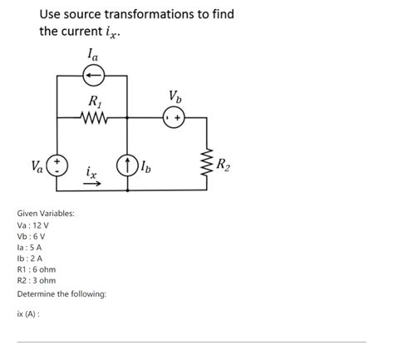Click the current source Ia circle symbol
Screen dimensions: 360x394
pos(91,76)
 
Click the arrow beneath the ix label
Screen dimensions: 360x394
pos(91,185)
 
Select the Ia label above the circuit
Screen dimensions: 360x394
pos(91,55)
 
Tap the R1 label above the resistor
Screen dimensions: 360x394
pos(93,102)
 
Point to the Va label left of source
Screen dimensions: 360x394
pos(37,164)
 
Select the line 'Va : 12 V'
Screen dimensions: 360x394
pos(33,225)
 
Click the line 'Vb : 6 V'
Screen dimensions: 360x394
pos(32,236)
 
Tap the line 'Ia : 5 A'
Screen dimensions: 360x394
pos(30,247)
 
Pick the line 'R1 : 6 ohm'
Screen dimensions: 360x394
pos(37,269)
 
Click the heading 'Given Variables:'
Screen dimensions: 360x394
pos(46,214)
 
